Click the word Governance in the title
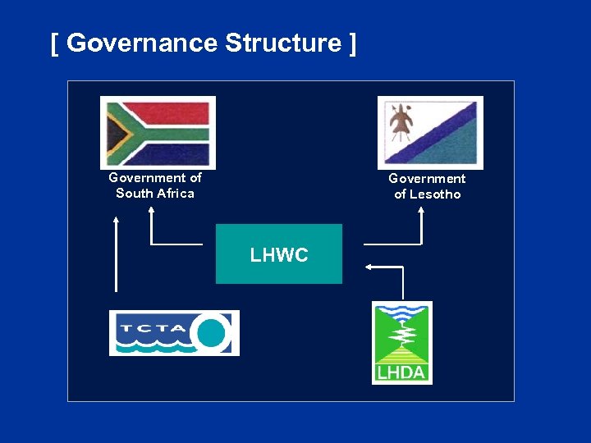pos(142,43)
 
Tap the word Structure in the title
pos(282,43)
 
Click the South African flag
pos(158,131)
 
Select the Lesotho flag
pos(430,132)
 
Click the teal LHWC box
pos(279,254)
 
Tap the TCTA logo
pos(174,333)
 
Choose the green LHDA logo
pos(401,342)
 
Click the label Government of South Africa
pos(155,185)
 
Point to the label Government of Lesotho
pos(427,186)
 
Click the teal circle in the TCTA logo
pos(212,332)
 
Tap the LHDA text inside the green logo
pos(401,372)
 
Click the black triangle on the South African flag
pos(114,132)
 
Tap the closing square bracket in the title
pos(352,43)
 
